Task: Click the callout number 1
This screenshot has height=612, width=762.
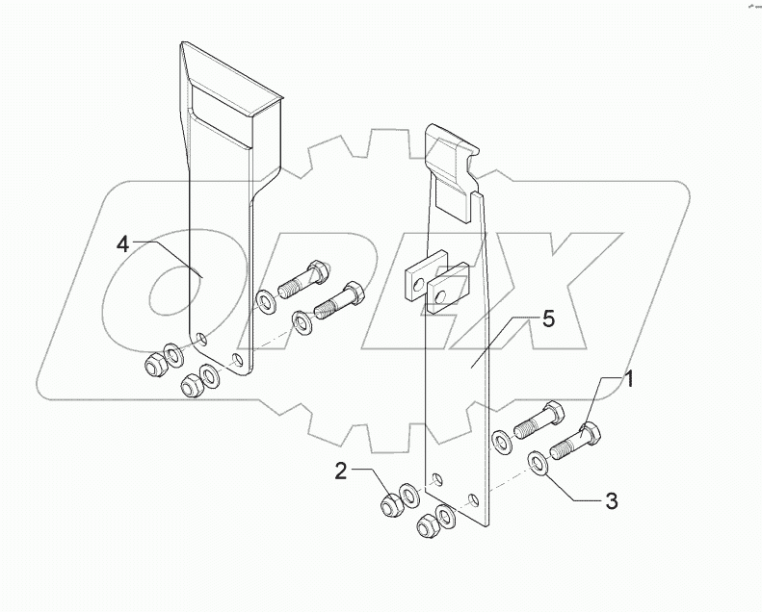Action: point(628,380)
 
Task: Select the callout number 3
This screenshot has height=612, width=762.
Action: point(611,500)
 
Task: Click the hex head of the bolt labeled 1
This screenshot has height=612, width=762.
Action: point(590,437)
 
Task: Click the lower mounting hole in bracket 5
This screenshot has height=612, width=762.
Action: point(472,499)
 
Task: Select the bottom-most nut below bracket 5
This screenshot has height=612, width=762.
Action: point(424,525)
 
